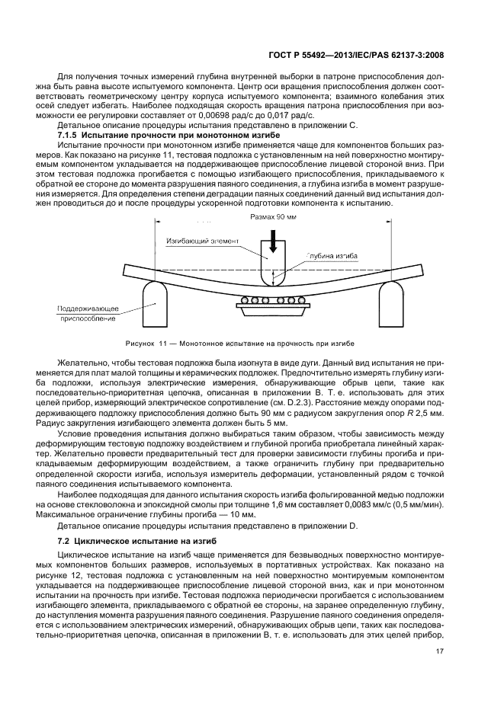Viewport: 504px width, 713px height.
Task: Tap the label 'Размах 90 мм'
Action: [273, 217]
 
